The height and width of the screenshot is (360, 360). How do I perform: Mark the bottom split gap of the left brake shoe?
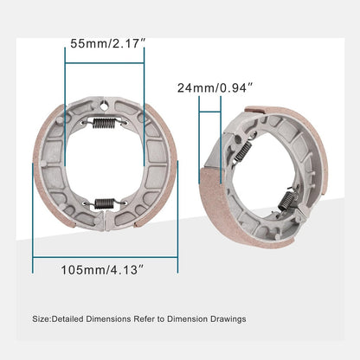[x=105, y=222]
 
